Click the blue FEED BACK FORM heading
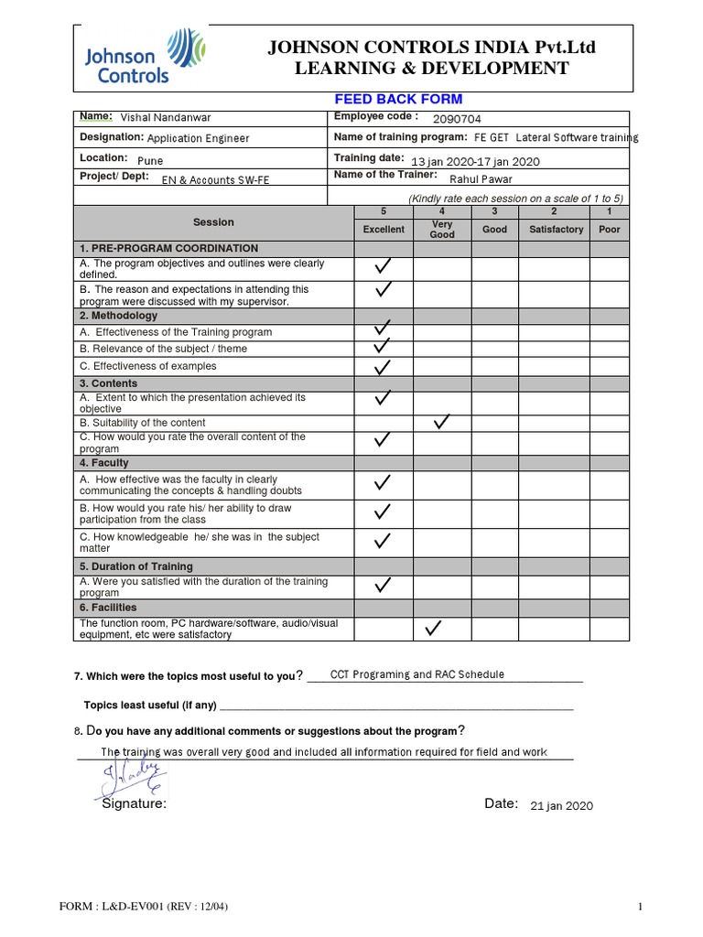400,99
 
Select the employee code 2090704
457,119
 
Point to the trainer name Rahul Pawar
481,179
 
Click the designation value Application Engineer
198,139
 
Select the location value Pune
149,160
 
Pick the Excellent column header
384,229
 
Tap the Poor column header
609,229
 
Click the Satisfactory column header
556,229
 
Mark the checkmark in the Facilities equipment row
434,628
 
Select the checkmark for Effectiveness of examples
383,367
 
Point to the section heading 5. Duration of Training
135,566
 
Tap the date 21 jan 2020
562,806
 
